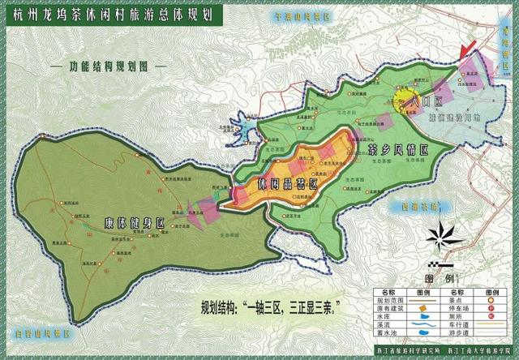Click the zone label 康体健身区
(x=134, y=222)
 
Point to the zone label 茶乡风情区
(x=397, y=150)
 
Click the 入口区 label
(x=425, y=103)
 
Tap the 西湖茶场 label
(x=414, y=206)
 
